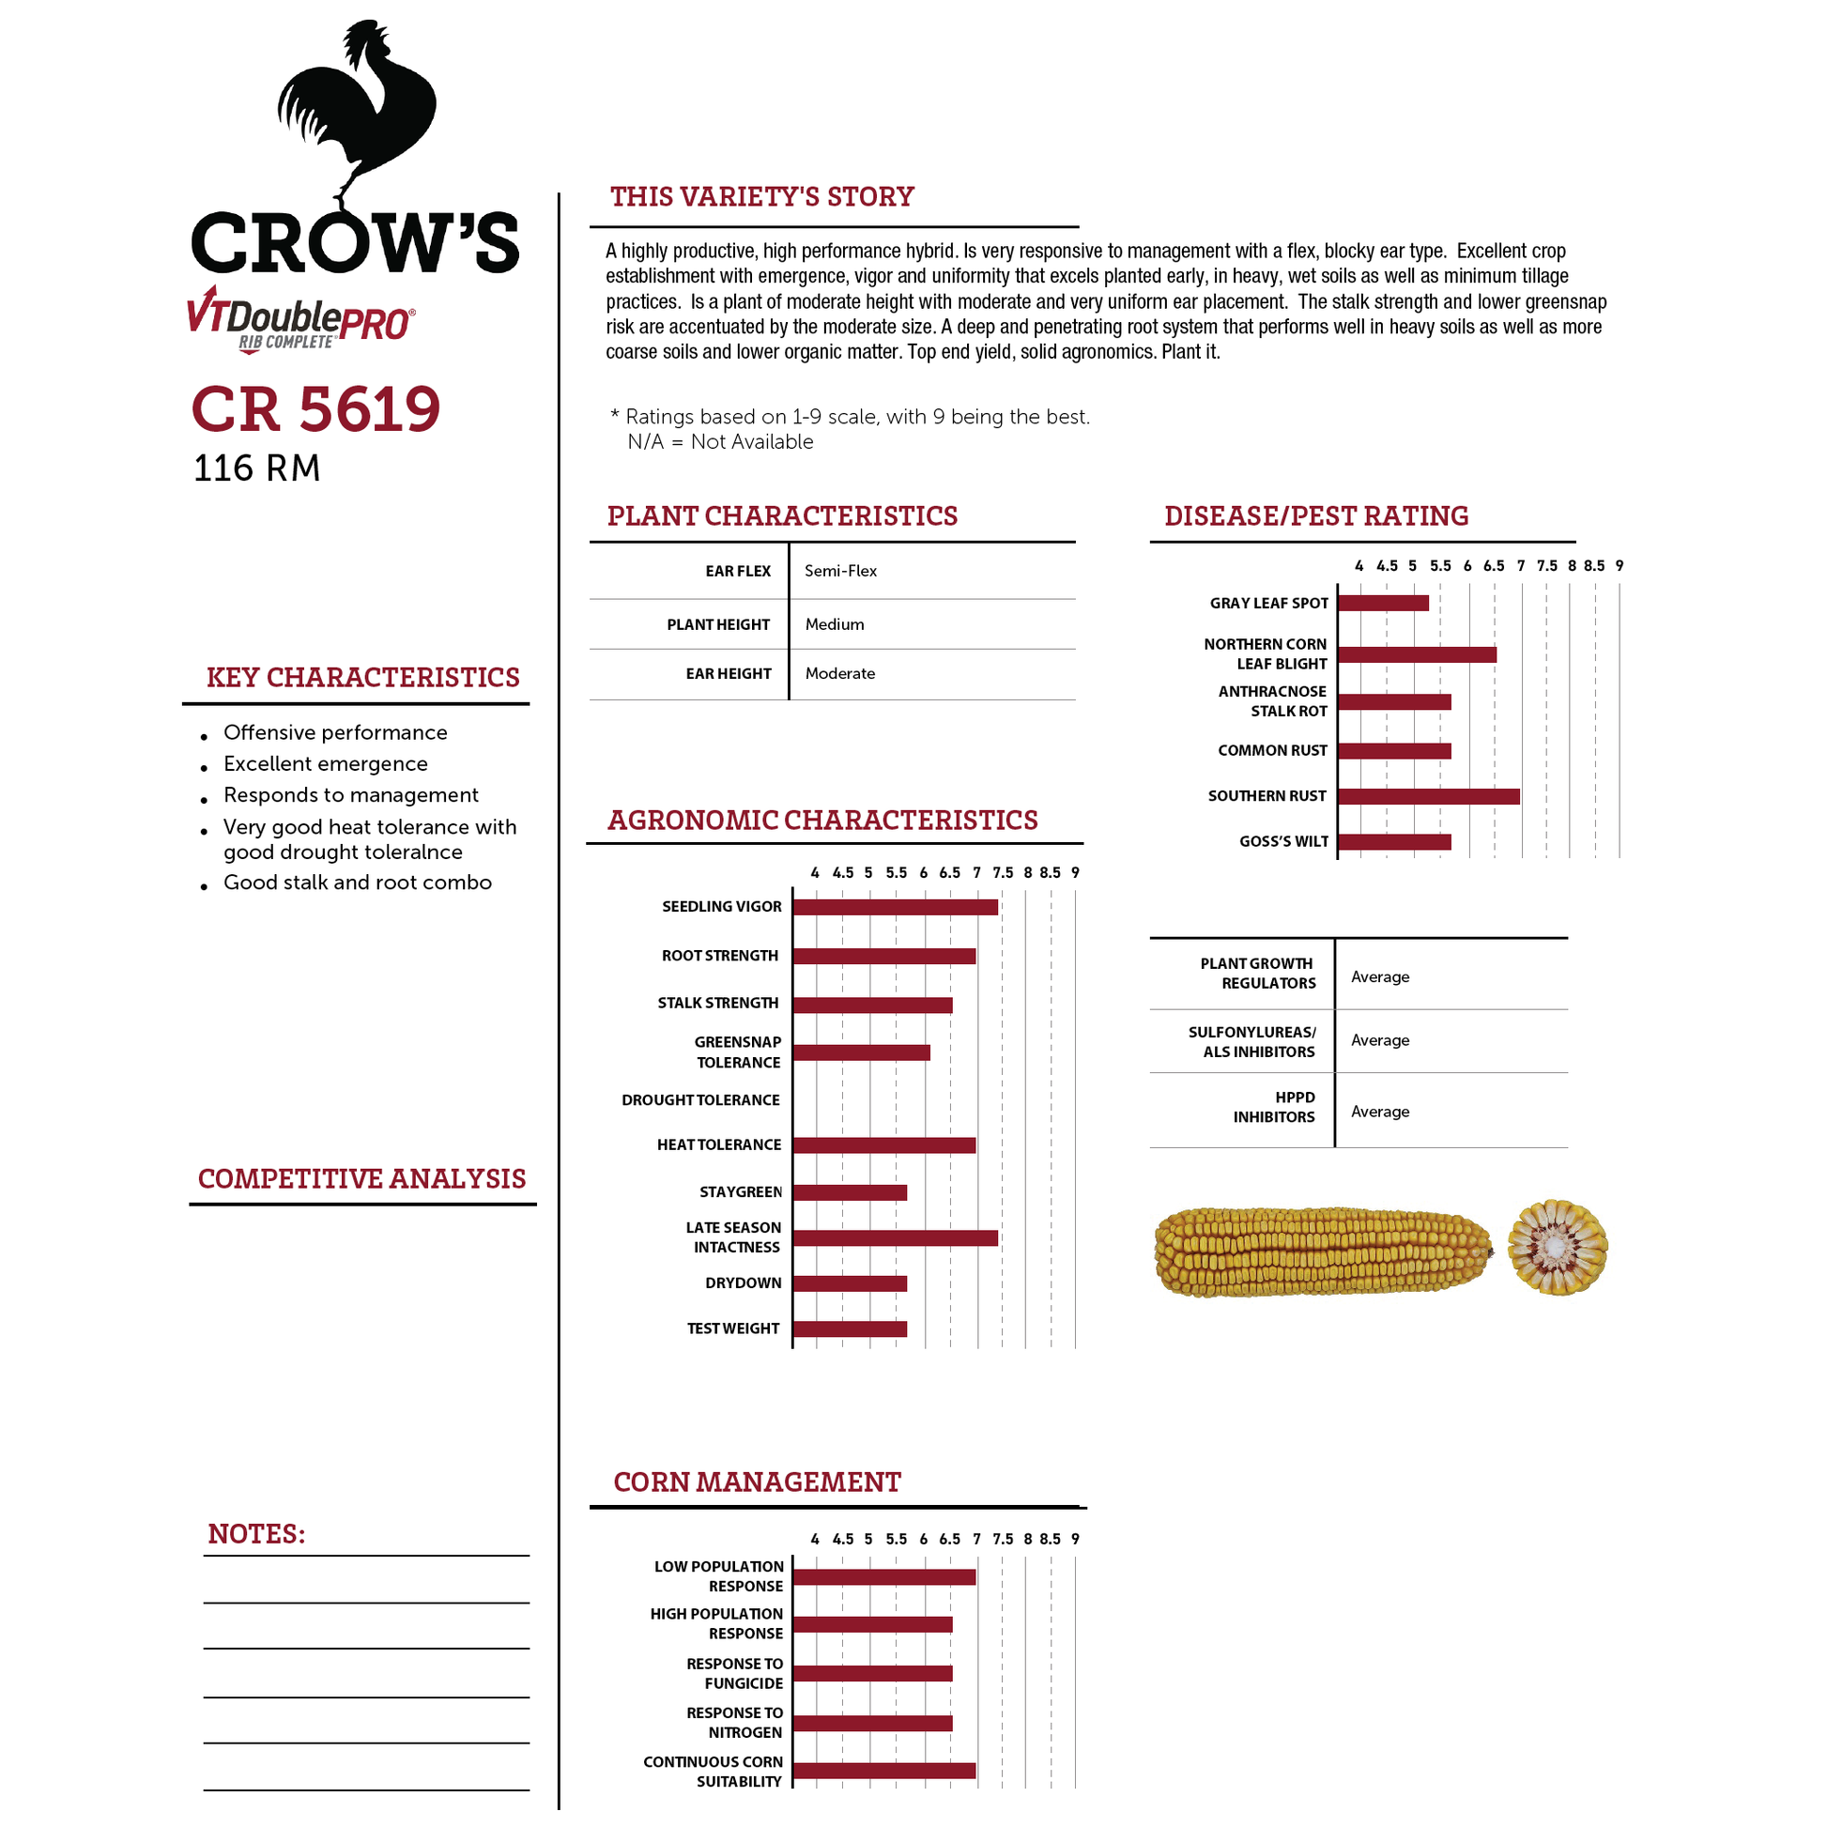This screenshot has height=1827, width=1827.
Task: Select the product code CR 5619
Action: [315, 409]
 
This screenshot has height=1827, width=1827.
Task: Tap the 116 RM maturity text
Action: [257, 469]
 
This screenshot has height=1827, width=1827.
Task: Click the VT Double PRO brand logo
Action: [300, 319]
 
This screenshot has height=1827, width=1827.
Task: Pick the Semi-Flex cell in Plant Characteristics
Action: [840, 571]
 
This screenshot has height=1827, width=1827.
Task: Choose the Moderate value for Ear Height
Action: [839, 673]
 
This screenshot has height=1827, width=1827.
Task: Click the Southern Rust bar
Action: [1429, 796]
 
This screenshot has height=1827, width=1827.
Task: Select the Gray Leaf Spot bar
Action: [1384, 604]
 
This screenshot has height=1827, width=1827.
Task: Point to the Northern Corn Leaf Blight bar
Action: [1417, 654]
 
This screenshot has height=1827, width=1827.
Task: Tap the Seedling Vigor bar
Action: [896, 907]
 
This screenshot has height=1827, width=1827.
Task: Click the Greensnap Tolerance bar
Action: [862, 1052]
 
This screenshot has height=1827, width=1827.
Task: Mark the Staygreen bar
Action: [851, 1192]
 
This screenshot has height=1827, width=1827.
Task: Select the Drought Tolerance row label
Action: [700, 1099]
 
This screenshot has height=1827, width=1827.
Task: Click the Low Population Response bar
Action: [884, 1577]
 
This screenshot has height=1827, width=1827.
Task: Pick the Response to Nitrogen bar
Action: [873, 1723]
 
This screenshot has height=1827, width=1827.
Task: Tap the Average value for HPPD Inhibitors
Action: [1380, 1113]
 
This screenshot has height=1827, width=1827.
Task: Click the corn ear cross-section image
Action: [1558, 1249]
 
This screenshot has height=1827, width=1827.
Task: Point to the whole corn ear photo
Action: [1323, 1251]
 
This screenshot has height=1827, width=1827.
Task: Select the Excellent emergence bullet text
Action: [325, 764]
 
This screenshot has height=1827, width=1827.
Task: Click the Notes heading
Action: [256, 1534]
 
